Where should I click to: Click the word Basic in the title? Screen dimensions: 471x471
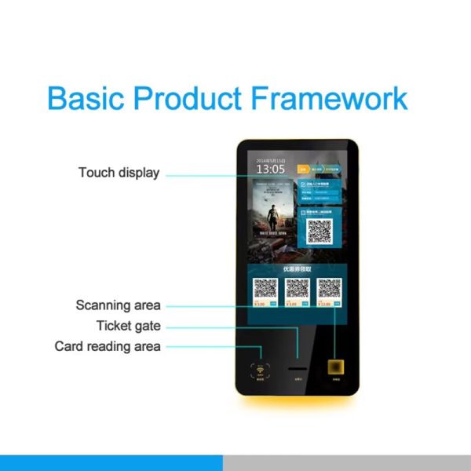(x=86, y=99)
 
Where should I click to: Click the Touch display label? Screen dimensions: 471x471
(x=119, y=173)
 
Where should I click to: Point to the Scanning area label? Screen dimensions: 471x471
(x=118, y=305)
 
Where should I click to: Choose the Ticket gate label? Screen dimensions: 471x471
(x=129, y=326)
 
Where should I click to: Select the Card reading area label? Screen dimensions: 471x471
(x=108, y=346)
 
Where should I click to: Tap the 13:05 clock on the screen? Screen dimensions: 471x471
(x=271, y=169)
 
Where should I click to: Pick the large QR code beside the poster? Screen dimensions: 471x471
(x=319, y=230)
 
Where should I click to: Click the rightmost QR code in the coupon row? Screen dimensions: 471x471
(x=327, y=290)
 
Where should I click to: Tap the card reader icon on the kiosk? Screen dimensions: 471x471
(x=259, y=369)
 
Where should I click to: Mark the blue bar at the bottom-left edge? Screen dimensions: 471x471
(x=111, y=462)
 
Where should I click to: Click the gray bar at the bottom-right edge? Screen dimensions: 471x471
(x=346, y=462)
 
